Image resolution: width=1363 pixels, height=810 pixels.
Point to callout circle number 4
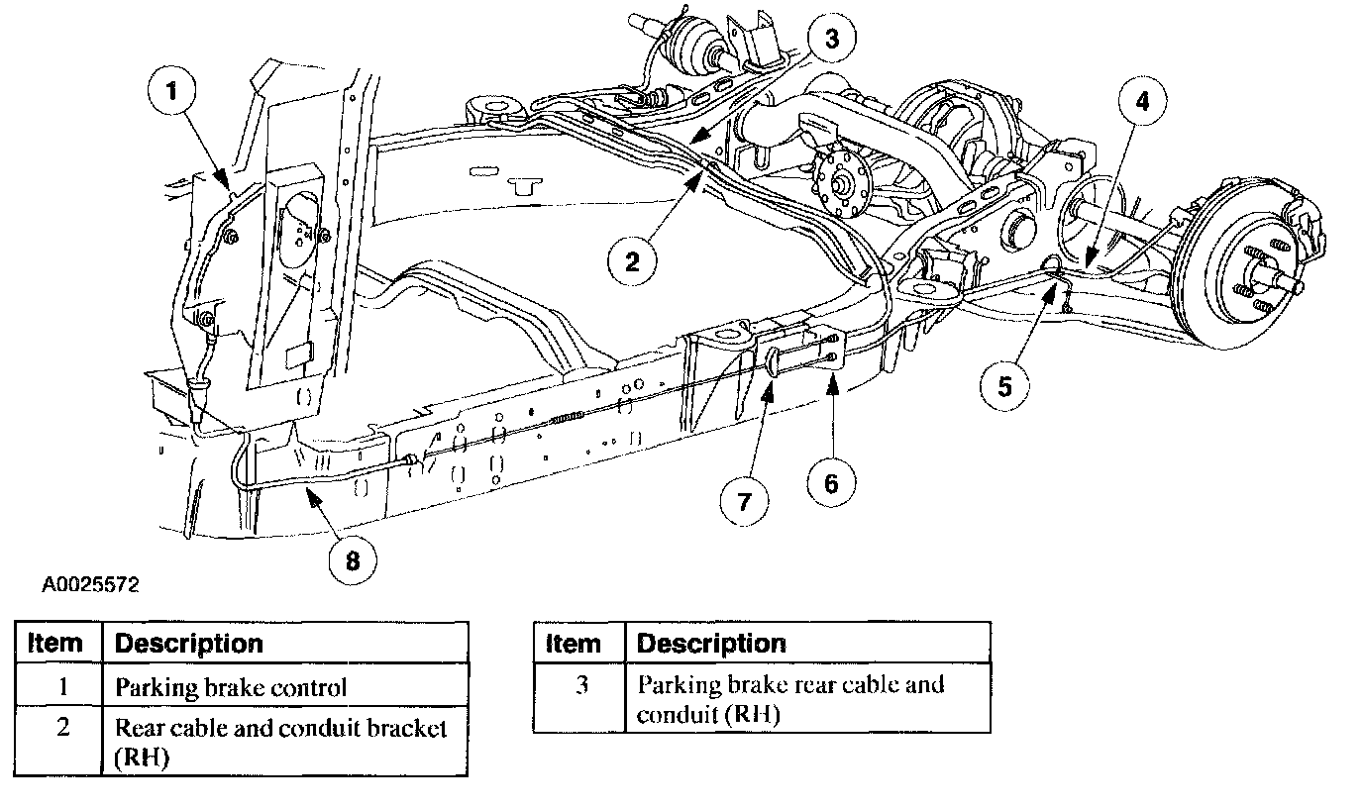(1143, 101)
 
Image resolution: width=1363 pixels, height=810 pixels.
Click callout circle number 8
(354, 560)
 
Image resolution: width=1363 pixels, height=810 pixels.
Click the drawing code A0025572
(90, 585)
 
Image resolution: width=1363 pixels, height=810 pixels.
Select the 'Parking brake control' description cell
(285, 686)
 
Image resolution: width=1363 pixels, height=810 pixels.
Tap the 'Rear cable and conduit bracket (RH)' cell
(285, 742)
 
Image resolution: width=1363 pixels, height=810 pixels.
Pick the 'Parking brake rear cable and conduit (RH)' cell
(807, 699)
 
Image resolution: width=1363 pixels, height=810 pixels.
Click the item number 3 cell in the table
(580, 699)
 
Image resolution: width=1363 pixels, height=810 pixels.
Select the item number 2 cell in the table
(61, 742)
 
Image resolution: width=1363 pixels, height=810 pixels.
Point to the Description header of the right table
(807, 644)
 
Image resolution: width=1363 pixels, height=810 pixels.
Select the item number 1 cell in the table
(61, 686)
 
